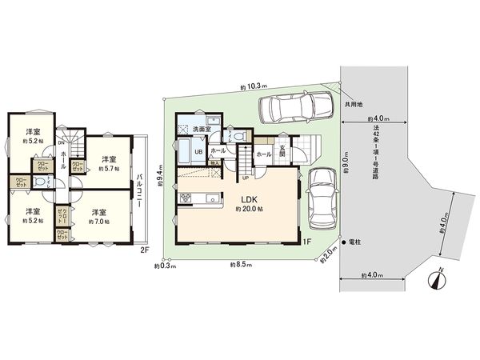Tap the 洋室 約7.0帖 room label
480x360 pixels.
click(100, 216)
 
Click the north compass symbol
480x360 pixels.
click(436, 279)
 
